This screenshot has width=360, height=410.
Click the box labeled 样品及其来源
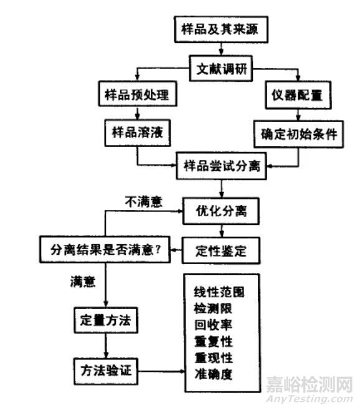tap(221, 29)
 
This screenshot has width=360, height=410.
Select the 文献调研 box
tap(221, 69)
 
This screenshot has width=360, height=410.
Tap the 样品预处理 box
tap(138, 94)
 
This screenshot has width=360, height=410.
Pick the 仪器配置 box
tap(298, 95)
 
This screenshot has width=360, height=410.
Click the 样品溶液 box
tap(138, 133)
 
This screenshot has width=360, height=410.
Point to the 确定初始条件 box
tap(298, 134)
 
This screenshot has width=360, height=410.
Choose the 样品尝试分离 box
tap(222, 166)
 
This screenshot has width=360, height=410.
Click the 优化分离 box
tap(221, 211)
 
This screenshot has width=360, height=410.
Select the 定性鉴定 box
tap(221, 250)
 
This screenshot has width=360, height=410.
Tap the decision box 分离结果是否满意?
tap(105, 250)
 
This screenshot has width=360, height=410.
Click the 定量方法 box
tap(106, 320)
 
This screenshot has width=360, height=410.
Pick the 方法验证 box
tap(106, 371)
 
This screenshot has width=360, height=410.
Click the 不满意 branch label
tap(143, 202)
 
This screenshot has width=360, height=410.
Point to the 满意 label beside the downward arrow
tap(83, 282)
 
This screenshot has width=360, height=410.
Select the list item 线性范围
tap(219, 292)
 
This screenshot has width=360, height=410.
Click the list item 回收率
tap(213, 325)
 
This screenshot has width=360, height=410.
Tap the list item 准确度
tap(213, 374)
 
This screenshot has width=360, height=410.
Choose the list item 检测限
tap(213, 308)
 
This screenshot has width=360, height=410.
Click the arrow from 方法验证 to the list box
tap(161, 371)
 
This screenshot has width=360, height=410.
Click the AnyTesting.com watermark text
tap(310, 399)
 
